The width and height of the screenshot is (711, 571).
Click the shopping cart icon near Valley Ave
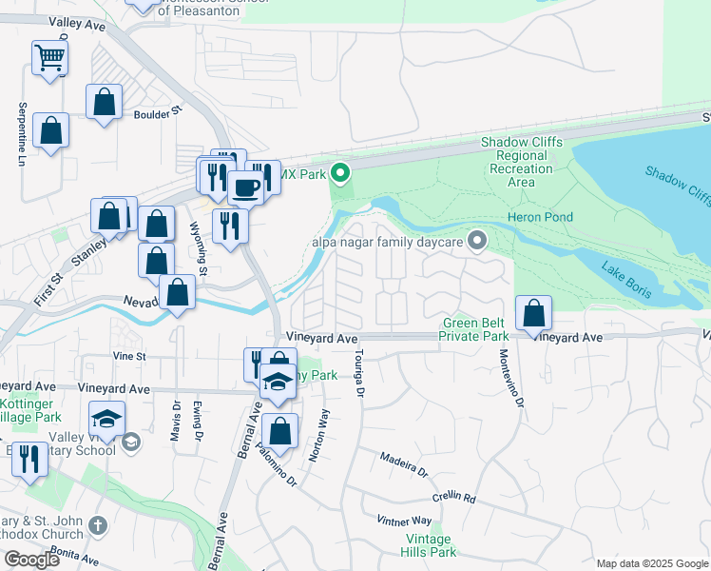49,57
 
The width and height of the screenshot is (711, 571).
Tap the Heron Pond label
546,217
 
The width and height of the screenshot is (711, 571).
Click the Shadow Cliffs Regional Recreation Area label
521,162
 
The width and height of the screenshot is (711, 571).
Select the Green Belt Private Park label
474,329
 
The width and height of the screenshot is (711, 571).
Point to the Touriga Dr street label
359,372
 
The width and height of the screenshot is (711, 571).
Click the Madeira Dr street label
404,464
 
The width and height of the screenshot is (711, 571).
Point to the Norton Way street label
318,436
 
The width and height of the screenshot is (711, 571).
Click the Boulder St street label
157,112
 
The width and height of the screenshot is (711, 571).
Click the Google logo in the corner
31,560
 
